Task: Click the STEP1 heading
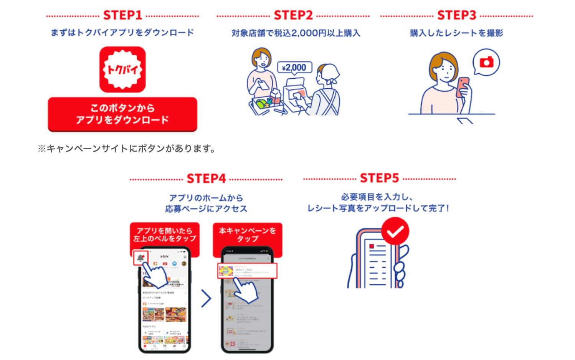pyautogui.click(x=122, y=15)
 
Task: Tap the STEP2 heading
pyautogui.click(x=293, y=15)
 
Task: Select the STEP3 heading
pyautogui.click(x=456, y=15)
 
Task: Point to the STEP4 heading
pyautogui.click(x=206, y=178)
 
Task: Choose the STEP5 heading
pyautogui.click(x=379, y=178)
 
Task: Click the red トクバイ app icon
pyautogui.click(x=122, y=69)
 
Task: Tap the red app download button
pyautogui.click(x=122, y=114)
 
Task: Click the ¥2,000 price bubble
pyautogui.click(x=294, y=68)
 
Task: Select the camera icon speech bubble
pyautogui.click(x=486, y=62)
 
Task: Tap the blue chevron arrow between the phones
pyautogui.click(x=207, y=299)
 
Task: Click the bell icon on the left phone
pyautogui.click(x=140, y=258)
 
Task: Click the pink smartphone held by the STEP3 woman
pyautogui.click(x=463, y=87)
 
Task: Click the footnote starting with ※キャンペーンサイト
pyautogui.click(x=127, y=149)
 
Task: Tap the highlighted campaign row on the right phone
pyautogui.click(x=247, y=271)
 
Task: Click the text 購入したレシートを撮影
pyautogui.click(x=456, y=33)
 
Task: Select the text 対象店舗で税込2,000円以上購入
pyautogui.click(x=296, y=33)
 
